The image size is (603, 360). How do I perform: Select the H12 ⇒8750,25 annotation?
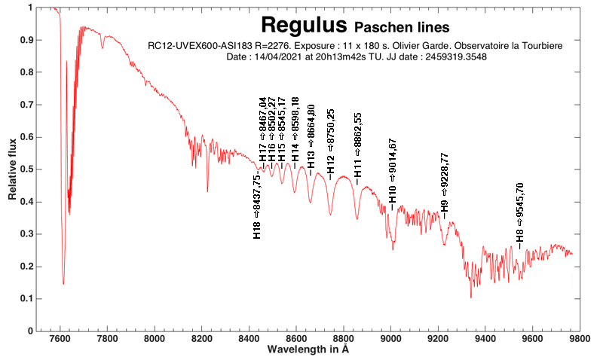(330, 144)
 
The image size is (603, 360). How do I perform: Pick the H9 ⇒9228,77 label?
(445, 185)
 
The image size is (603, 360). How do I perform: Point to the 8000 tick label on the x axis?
(154, 339)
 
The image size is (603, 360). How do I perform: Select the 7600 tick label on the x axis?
(60, 339)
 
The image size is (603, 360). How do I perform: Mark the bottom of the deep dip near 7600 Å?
(63, 283)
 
